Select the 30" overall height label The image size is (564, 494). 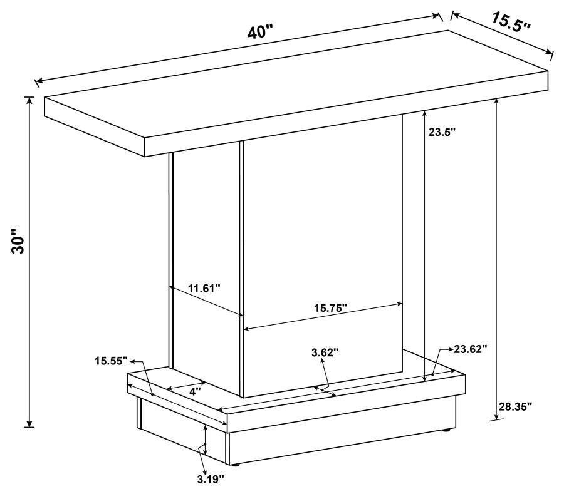pos(18,242)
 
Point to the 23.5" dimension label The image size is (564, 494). pos(442,132)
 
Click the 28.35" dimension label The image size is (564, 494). pos(515,406)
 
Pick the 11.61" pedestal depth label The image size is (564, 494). pos(204,289)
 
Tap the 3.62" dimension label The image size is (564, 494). pos(325,352)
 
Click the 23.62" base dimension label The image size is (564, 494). pos(471,349)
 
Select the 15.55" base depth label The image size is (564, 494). pos(112,360)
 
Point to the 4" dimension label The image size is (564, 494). pos(195,391)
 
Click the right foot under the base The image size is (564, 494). pos(446,431)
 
